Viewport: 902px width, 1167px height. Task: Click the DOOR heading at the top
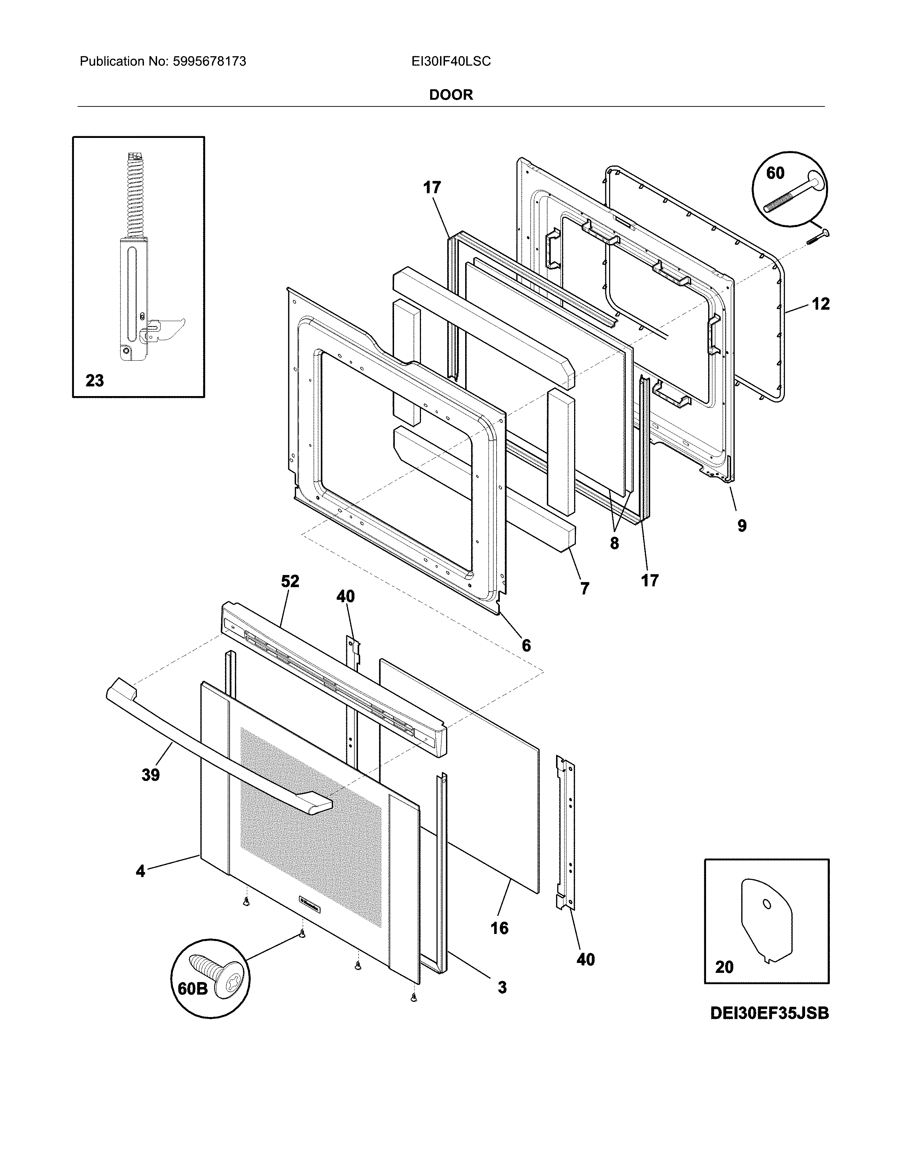tap(451, 95)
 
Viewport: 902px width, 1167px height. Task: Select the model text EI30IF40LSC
tap(451, 62)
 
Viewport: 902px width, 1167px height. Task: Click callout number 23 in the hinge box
tap(94, 381)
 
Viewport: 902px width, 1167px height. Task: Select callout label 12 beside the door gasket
tap(820, 304)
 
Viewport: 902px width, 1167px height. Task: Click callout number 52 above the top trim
tap(290, 581)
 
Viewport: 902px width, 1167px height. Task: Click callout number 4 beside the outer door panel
tap(140, 871)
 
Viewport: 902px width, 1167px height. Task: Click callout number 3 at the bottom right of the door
tap(502, 987)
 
